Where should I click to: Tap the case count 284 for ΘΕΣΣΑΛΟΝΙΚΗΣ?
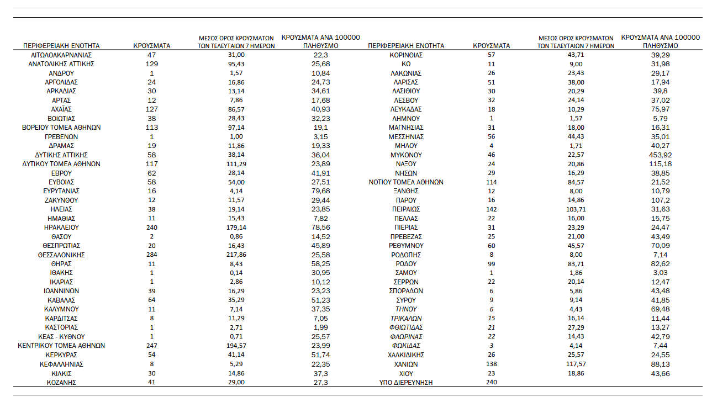(151, 255)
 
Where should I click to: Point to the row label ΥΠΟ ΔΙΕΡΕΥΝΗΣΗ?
(405, 382)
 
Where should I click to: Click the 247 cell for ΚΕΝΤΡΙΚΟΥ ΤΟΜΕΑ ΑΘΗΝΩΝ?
(151, 346)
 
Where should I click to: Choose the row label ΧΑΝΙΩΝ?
(405, 364)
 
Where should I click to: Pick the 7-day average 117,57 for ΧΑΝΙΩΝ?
(576, 364)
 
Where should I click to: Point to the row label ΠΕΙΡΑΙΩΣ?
(405, 209)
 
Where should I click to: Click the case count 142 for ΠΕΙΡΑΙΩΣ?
(491, 209)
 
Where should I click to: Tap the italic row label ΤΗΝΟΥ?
(405, 309)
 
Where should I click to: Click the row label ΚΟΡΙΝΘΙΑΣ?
(405, 55)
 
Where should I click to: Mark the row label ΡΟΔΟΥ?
(405, 264)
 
